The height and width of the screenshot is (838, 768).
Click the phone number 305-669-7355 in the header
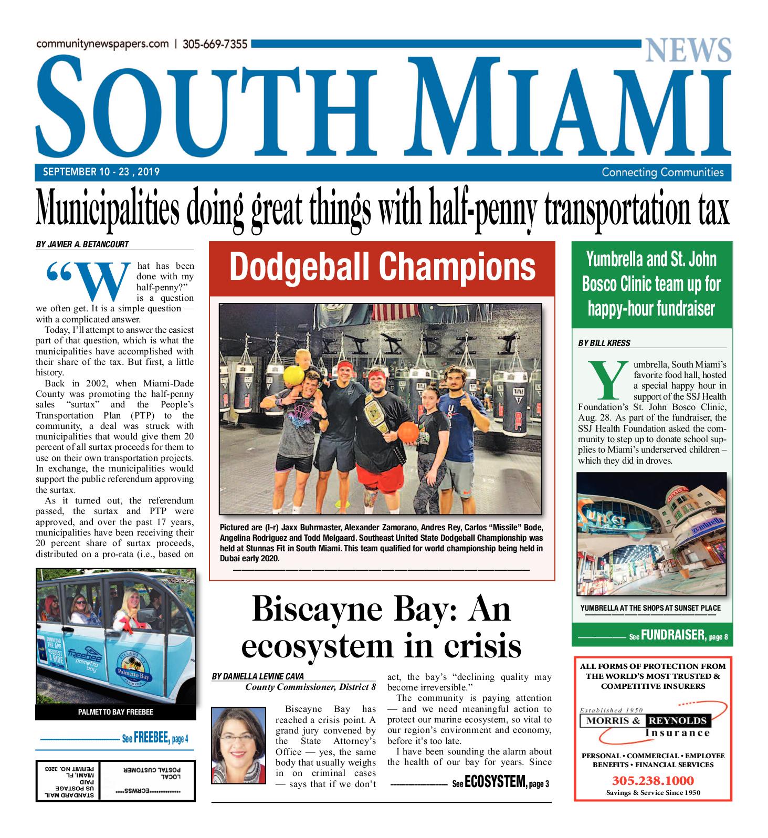pos(215,45)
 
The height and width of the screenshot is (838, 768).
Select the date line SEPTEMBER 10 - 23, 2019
pos(101,172)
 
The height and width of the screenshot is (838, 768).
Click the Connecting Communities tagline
pos(662,172)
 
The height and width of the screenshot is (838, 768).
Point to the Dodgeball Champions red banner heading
pos(382,267)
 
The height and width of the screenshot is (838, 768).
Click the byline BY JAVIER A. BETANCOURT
pos(82,244)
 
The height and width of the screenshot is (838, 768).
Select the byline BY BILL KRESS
pos(604,343)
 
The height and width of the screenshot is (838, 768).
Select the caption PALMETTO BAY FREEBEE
pos(115,713)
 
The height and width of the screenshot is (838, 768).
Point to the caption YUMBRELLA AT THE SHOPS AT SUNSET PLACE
pos(650,608)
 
